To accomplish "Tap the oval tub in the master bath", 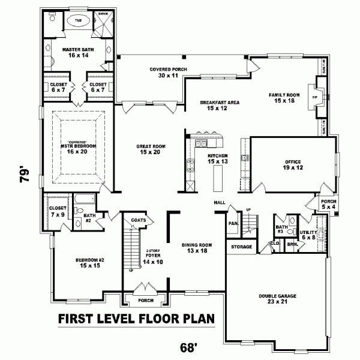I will (x=79, y=21).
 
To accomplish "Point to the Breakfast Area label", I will (x=220, y=106).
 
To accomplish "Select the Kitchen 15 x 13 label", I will (x=217, y=158).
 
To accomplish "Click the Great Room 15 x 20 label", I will (x=152, y=149).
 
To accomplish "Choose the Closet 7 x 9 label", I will (x=57, y=211).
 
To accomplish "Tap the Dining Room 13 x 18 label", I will (x=197, y=248).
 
